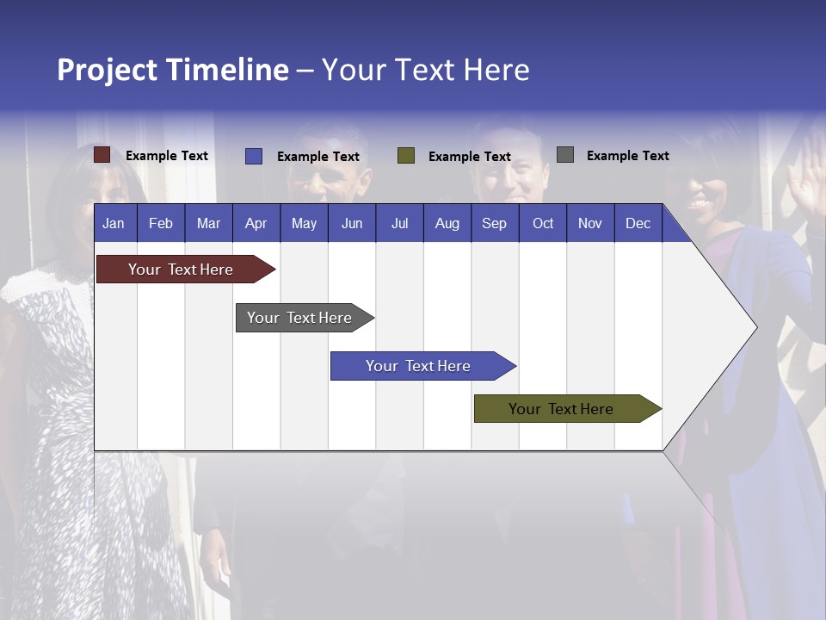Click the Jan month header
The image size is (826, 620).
(x=114, y=223)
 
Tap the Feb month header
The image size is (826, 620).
(x=161, y=223)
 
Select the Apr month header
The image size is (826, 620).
(x=256, y=223)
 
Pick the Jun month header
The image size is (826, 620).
(x=352, y=223)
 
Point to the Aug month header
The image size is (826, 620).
(x=447, y=223)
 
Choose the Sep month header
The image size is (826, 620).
(x=494, y=223)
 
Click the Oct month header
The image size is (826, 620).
(x=543, y=223)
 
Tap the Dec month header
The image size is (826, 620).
(x=638, y=223)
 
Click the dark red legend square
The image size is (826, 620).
(x=102, y=155)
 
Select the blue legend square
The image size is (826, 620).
(x=253, y=156)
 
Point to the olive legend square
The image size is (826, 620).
(x=406, y=156)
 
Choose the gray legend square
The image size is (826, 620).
(x=564, y=155)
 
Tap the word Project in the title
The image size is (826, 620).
(x=108, y=70)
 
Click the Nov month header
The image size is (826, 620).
(x=590, y=223)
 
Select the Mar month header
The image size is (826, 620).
(x=208, y=223)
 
